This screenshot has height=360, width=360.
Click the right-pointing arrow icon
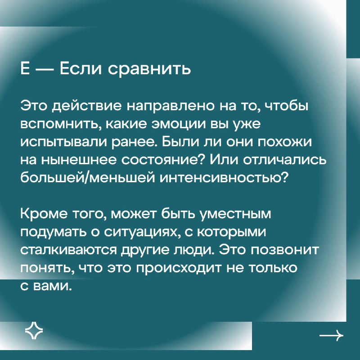point(331,336)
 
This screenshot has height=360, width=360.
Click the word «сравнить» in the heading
point(149,69)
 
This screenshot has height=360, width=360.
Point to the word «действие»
point(87,106)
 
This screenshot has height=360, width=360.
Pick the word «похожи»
point(284,142)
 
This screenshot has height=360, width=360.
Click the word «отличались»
point(285,160)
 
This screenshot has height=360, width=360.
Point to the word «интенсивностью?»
point(223,178)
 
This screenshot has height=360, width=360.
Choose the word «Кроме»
point(44,214)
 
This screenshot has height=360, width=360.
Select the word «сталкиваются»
point(69,250)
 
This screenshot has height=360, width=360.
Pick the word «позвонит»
point(285,250)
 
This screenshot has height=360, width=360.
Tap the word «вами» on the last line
point(51,286)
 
